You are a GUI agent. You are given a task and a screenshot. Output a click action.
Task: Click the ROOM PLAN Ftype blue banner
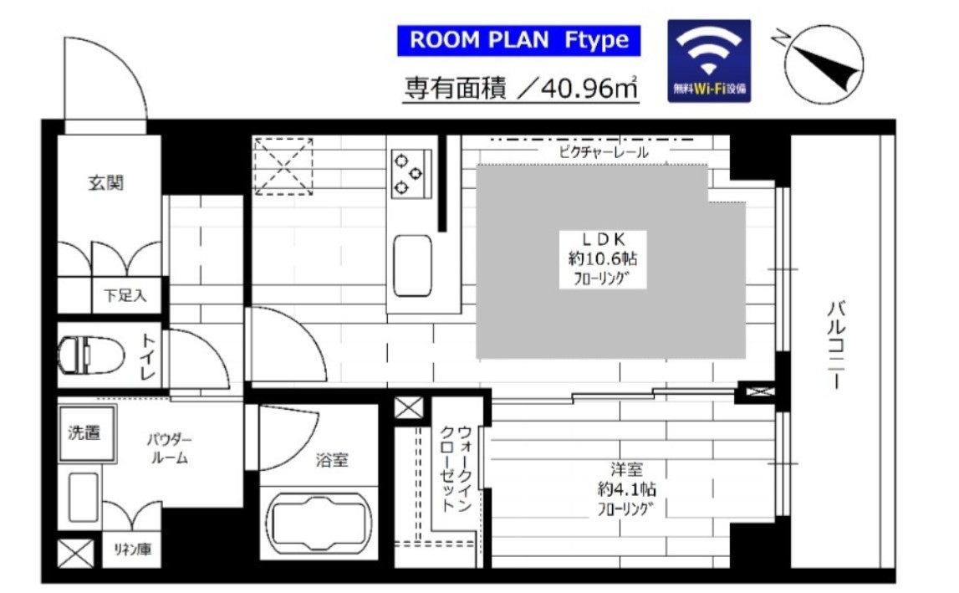point(518,41)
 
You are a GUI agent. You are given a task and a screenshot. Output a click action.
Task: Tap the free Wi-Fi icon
point(709,60)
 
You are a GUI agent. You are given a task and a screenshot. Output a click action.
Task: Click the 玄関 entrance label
point(106,183)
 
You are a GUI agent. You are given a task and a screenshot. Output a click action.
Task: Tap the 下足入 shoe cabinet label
point(125,294)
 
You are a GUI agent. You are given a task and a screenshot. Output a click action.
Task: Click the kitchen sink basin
point(411,265)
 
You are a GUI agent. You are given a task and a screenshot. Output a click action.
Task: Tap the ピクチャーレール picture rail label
point(603,152)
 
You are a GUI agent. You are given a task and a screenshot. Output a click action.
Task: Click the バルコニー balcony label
point(834,343)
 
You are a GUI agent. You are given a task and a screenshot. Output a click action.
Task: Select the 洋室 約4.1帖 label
point(625,489)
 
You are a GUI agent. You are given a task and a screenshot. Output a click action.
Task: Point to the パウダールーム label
point(170,448)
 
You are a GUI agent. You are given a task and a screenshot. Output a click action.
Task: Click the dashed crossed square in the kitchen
point(283,166)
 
